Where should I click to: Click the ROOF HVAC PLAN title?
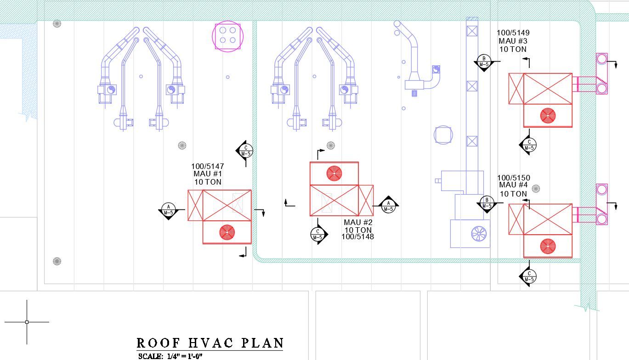click(210, 343)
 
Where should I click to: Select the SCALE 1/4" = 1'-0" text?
click(170, 356)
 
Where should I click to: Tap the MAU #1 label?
click(208, 174)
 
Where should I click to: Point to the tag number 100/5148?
click(357, 237)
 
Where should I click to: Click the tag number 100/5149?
click(513, 33)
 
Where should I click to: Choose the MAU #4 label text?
click(513, 186)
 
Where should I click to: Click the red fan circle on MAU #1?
click(227, 232)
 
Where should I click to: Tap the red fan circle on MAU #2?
click(334, 173)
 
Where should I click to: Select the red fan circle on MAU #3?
click(548, 115)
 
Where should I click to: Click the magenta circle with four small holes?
click(227, 35)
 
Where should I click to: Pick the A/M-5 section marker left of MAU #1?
click(169, 210)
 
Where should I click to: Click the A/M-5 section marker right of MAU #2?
click(388, 205)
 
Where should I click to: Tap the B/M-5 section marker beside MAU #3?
click(483, 62)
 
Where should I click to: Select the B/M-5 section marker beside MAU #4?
click(487, 202)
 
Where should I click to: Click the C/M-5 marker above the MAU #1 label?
click(245, 151)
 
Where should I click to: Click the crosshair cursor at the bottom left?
click(27, 322)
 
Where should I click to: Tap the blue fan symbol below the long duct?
click(478, 233)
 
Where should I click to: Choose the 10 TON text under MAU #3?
click(513, 49)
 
